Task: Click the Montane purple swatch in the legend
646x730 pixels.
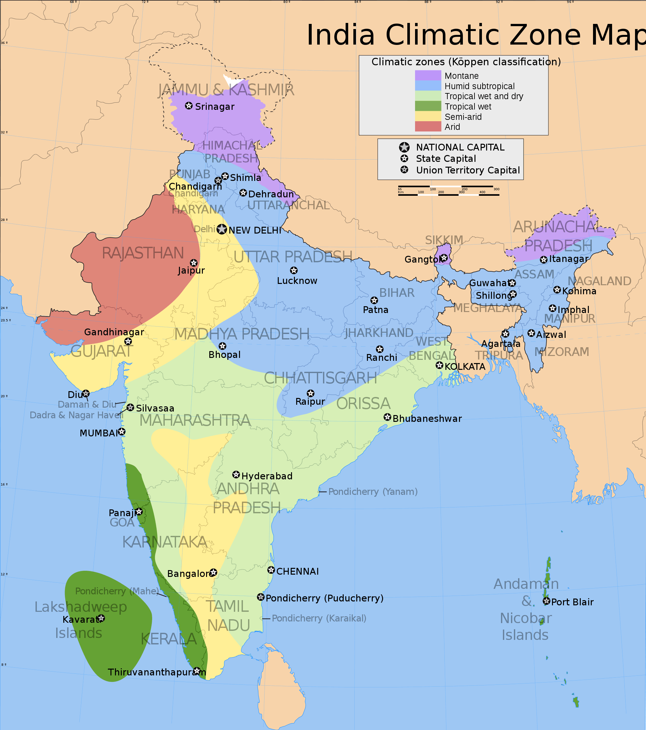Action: (428, 75)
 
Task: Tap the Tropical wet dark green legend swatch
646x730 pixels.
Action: (428, 106)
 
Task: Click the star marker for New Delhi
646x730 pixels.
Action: (222, 229)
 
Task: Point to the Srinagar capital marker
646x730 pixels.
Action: (189, 106)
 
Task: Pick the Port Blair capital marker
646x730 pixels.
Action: (547, 601)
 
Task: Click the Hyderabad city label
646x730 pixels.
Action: (267, 476)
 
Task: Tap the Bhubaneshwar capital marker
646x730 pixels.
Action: (388, 417)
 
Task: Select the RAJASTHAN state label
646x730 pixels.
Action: (143, 253)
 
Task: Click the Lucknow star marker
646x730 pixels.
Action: (294, 270)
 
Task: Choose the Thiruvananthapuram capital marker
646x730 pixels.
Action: (197, 670)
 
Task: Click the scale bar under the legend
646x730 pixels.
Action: (449, 191)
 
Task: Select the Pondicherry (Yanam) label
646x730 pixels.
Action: (373, 492)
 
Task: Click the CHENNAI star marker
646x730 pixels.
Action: (271, 570)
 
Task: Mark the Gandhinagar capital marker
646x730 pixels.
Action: (128, 341)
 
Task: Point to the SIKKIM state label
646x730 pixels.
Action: (444, 240)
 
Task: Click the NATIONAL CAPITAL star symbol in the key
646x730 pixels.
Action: (404, 147)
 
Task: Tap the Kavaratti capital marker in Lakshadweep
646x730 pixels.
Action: (101, 618)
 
